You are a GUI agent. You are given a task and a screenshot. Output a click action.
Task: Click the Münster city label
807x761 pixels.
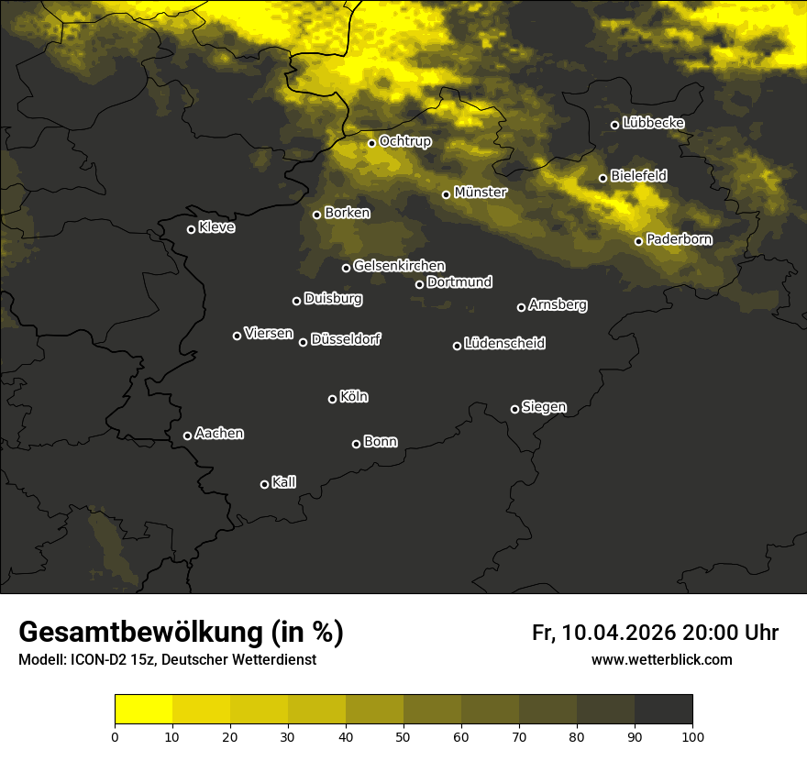point(481,193)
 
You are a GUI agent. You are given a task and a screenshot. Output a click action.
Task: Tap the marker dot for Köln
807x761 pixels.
point(332,399)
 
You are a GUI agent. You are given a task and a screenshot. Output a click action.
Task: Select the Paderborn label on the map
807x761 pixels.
point(680,239)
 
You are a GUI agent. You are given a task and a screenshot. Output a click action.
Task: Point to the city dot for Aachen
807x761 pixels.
point(187,436)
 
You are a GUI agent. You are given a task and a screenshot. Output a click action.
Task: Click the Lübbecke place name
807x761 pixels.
point(654,123)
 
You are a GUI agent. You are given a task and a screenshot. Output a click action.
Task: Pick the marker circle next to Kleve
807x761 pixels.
point(191,229)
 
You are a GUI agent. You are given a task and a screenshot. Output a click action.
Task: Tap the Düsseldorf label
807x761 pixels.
point(346,339)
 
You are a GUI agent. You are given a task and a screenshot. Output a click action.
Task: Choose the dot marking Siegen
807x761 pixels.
point(514,409)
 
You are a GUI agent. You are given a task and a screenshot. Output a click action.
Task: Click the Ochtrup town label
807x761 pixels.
point(405,141)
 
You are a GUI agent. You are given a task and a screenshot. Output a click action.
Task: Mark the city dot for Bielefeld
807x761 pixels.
point(602,178)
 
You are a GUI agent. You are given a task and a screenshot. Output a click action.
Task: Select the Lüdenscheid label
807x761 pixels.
point(505,344)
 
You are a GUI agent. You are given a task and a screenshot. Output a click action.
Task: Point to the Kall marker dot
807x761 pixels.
point(264,484)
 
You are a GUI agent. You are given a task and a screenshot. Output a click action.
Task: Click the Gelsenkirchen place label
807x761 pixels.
point(399,266)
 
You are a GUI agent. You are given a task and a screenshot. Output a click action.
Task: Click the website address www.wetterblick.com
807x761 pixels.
point(661,660)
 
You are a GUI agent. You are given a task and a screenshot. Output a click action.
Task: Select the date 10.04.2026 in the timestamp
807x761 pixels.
point(619,633)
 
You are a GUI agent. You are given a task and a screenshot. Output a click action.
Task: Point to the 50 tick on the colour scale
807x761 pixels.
point(403,735)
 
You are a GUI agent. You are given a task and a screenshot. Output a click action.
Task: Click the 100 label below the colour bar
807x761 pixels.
point(692,735)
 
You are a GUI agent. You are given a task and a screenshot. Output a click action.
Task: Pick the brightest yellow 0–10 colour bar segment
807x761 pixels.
point(144,710)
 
